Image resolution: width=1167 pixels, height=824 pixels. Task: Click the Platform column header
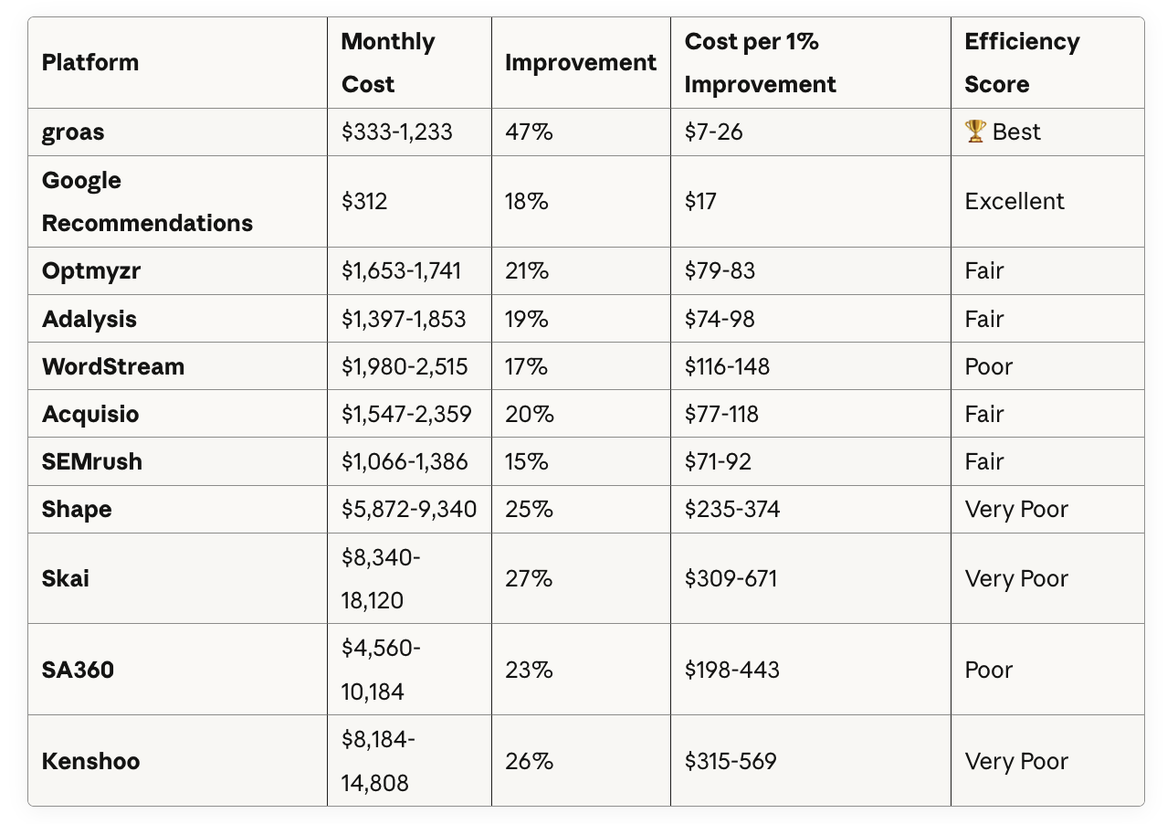pyautogui.click(x=90, y=62)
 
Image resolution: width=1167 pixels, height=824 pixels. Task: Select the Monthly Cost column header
pyautogui.click(x=387, y=62)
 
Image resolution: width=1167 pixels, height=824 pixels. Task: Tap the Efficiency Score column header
pyautogui.click(x=1022, y=62)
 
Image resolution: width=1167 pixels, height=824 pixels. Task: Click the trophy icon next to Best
pyautogui.click(x=974, y=132)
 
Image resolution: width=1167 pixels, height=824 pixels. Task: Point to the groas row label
pyautogui.click(x=73, y=132)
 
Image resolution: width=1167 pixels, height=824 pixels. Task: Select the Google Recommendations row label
pyautogui.click(x=147, y=201)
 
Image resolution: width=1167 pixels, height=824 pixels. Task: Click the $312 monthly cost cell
pyautogui.click(x=364, y=201)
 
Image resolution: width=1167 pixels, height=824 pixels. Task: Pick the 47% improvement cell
pyautogui.click(x=529, y=132)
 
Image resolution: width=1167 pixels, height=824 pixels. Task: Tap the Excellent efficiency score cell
pyautogui.click(x=1014, y=201)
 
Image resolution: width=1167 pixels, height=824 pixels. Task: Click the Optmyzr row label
pyautogui.click(x=91, y=271)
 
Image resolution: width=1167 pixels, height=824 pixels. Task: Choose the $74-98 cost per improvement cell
pyautogui.click(x=720, y=319)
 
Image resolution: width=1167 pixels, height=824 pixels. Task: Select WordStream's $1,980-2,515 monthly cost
pyautogui.click(x=405, y=366)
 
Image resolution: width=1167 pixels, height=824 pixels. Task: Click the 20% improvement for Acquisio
pyautogui.click(x=530, y=415)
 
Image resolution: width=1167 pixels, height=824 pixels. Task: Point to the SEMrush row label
pyautogui.click(x=91, y=461)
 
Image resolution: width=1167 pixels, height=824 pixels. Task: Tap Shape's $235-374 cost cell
pyautogui.click(x=732, y=509)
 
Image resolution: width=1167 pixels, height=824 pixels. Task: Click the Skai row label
pyautogui.click(x=65, y=578)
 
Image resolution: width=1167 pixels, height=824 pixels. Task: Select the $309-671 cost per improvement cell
pyautogui.click(x=731, y=578)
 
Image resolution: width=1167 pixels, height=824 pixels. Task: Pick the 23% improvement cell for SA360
pyautogui.click(x=529, y=670)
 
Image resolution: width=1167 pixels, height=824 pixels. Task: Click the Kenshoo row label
pyautogui.click(x=90, y=762)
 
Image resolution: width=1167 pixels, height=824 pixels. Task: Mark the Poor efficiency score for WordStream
pyautogui.click(x=988, y=366)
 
